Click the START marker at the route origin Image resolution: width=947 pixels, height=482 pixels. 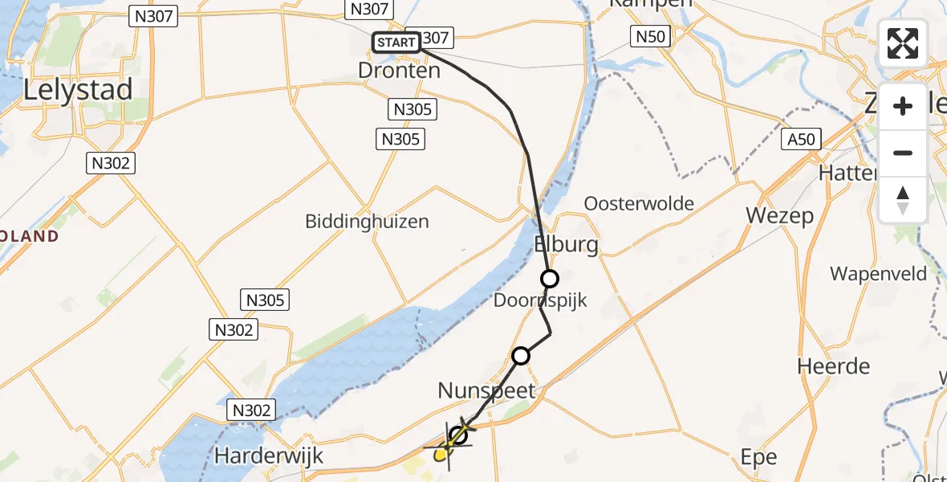point(396,43)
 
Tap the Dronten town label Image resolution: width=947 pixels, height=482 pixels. point(399,71)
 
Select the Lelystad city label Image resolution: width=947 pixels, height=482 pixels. point(78,90)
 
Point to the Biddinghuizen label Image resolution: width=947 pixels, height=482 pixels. point(367,221)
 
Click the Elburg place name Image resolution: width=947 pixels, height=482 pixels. point(567,244)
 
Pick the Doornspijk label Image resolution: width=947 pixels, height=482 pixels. point(542,301)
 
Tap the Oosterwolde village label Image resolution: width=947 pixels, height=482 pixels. point(639,203)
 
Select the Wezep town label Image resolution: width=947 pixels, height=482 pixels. point(779,215)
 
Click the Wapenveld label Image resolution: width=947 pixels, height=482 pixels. point(878,274)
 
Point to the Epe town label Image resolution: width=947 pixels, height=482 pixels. point(759,457)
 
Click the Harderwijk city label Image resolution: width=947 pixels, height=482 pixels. point(269,456)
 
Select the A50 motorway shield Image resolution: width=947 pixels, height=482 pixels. point(801,140)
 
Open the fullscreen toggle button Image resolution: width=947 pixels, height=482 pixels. point(903,43)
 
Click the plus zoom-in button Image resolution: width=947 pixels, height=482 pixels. point(903,106)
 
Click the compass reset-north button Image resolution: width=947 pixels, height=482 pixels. point(903,198)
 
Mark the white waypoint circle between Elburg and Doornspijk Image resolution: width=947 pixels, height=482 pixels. point(550,279)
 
